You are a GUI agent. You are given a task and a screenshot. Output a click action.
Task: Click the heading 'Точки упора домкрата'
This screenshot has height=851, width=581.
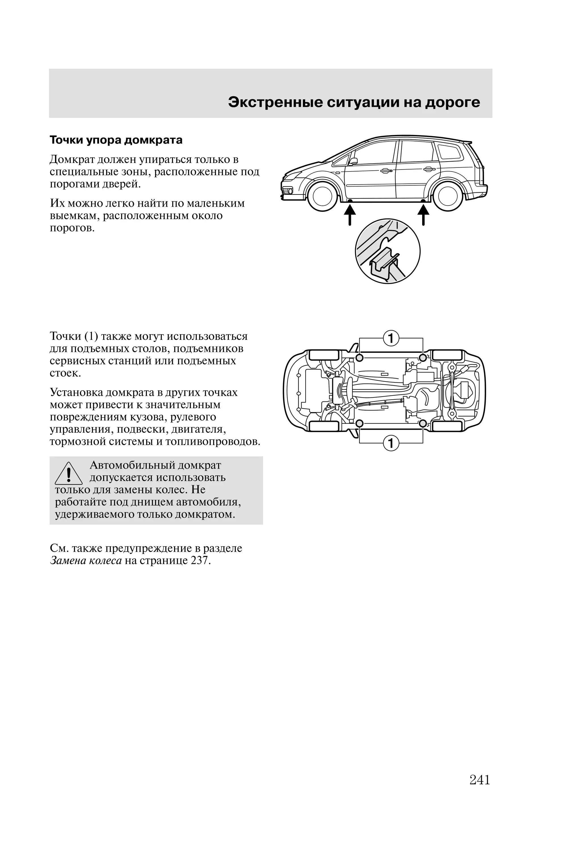click(x=116, y=140)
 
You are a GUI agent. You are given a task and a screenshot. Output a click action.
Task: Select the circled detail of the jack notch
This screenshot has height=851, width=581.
click(x=388, y=251)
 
